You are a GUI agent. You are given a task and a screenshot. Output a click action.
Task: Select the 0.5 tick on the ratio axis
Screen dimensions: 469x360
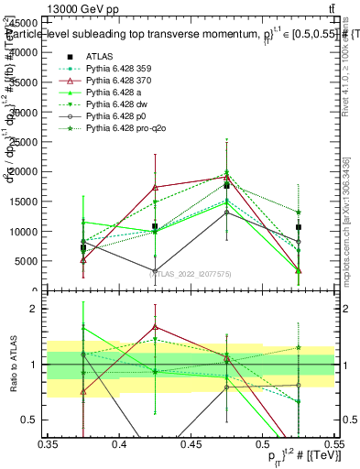37,420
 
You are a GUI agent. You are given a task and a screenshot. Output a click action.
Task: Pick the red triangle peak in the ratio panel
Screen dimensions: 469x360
155,326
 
